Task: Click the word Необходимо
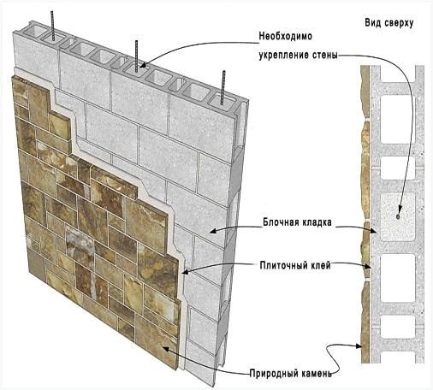[285, 37]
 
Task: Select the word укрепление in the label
[288, 55]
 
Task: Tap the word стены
[328, 55]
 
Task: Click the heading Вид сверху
[389, 23]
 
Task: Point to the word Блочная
[280, 222]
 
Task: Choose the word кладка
[316, 222]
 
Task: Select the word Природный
[271, 373]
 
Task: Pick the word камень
[313, 373]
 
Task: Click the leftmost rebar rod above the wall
[52, 26]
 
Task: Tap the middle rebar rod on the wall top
[137, 56]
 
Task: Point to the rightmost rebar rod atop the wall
[223, 87]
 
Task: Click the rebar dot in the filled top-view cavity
[398, 217]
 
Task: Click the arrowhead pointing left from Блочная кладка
[213, 231]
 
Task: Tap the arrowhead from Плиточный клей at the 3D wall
[186, 272]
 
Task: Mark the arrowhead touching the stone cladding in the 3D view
[164, 349]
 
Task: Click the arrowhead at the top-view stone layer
[359, 346]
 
